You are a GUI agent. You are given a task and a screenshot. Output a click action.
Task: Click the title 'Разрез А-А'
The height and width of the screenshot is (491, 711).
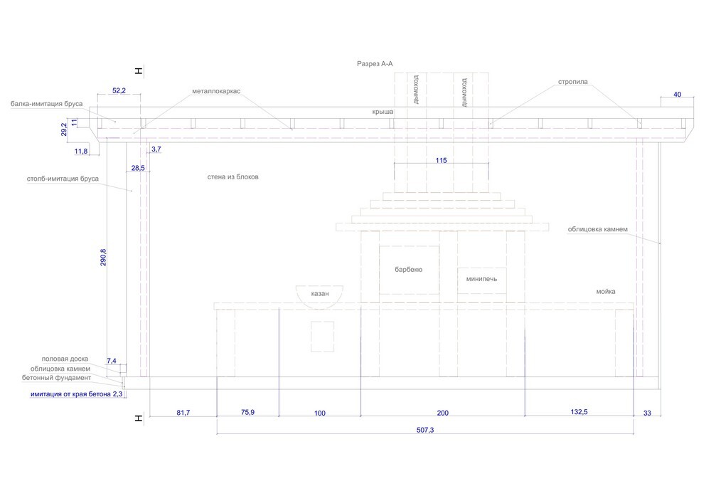tap(375, 64)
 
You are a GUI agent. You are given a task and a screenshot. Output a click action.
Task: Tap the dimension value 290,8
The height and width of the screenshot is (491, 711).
tap(105, 257)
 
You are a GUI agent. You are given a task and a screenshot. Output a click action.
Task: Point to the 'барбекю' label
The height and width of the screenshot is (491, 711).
tap(409, 270)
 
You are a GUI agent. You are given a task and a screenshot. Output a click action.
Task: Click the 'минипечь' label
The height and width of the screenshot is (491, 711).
tap(481, 279)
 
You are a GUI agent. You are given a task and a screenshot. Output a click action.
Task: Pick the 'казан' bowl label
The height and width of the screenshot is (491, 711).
tap(320, 293)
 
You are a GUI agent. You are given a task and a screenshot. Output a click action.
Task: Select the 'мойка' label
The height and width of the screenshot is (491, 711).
tap(606, 292)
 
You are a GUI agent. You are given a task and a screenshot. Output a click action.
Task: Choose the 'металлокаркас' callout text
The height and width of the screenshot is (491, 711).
tap(216, 92)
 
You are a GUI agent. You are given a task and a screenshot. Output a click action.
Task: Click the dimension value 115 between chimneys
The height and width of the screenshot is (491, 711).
tap(442, 161)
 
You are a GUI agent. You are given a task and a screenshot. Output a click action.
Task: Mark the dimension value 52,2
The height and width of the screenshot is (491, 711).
tap(119, 91)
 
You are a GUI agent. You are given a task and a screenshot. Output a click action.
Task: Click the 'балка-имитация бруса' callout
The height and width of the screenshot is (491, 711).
tap(47, 104)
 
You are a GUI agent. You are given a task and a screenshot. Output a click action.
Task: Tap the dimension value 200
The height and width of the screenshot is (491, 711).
tap(442, 413)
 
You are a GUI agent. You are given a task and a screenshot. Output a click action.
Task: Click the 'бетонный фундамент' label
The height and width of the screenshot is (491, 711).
tap(60, 378)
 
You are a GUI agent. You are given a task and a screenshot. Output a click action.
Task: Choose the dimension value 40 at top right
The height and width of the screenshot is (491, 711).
tap(677, 95)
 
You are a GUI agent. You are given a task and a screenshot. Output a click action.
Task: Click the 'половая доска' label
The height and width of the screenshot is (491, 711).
tap(65, 359)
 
